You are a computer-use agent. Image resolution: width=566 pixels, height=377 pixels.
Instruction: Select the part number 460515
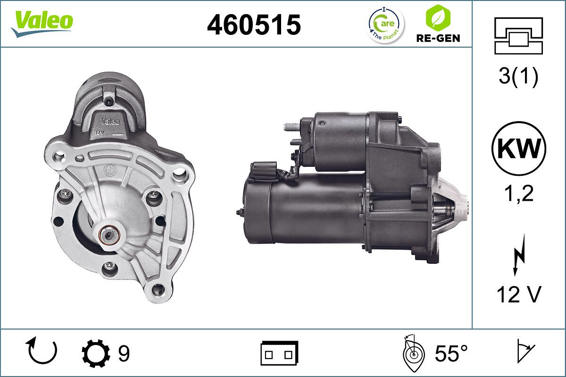click(254, 25)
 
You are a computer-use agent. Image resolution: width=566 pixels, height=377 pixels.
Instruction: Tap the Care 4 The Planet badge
click(386, 24)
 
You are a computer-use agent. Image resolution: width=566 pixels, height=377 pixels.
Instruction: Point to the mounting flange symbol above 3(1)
click(518, 36)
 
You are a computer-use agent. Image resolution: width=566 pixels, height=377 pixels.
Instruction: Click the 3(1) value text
click(518, 77)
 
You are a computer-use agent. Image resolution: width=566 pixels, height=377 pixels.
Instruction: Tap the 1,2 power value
click(518, 193)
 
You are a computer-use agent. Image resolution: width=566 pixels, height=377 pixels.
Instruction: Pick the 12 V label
click(518, 295)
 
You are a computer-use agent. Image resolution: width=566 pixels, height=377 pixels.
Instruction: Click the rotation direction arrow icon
click(42, 351)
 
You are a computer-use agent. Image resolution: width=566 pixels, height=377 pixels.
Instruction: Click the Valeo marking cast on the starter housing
click(111, 121)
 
